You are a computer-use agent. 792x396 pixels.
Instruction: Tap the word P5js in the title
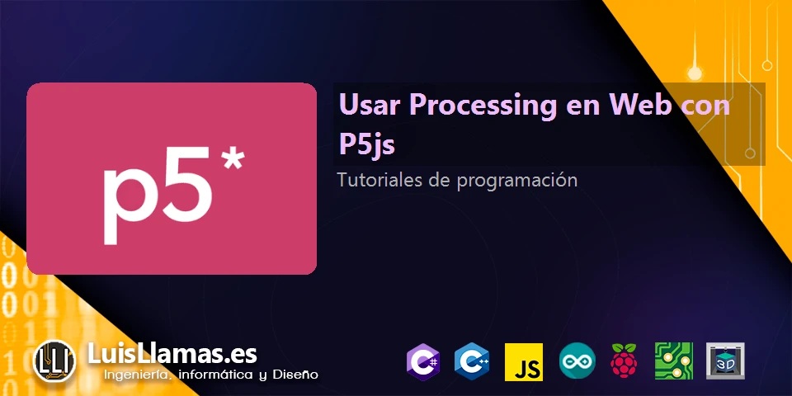coord(366,144)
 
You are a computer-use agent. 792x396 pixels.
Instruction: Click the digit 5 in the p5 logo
coord(189,200)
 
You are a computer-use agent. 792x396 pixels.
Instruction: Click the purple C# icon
coord(422,361)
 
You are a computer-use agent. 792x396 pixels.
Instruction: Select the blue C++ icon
coord(473,361)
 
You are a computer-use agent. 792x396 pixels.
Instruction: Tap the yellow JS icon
coord(524,361)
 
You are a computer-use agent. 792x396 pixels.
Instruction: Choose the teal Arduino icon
coord(577,361)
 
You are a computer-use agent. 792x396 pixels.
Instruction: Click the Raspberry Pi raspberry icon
coord(624,361)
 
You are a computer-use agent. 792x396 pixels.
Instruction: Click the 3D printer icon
coord(725,361)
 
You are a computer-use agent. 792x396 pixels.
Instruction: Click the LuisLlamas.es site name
coord(172,354)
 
